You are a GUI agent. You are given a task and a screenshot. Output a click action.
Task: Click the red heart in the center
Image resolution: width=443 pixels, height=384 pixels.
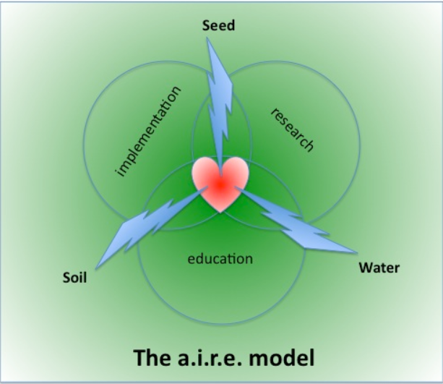tap(219, 184)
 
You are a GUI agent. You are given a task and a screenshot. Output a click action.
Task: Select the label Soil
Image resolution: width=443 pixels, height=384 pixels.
tap(74, 277)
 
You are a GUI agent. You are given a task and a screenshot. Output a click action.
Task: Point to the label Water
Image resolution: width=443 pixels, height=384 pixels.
tap(379, 268)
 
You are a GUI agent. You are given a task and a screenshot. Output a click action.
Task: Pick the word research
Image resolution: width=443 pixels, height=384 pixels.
tap(293, 129)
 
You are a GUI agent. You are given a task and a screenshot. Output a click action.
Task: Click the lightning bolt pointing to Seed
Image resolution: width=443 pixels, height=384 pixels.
tap(220, 101)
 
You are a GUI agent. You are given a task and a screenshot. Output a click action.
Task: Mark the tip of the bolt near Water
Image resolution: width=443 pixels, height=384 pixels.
tap(355, 253)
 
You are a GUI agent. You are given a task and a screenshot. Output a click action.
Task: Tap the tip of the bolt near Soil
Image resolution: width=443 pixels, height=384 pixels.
tap(95, 268)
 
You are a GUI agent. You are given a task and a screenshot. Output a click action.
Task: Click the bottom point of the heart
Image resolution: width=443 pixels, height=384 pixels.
tap(220, 211)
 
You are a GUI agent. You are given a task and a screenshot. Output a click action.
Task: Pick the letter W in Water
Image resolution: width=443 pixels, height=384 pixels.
tap(364, 268)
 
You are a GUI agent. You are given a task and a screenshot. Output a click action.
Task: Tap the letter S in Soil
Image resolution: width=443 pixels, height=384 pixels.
tap(66, 277)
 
